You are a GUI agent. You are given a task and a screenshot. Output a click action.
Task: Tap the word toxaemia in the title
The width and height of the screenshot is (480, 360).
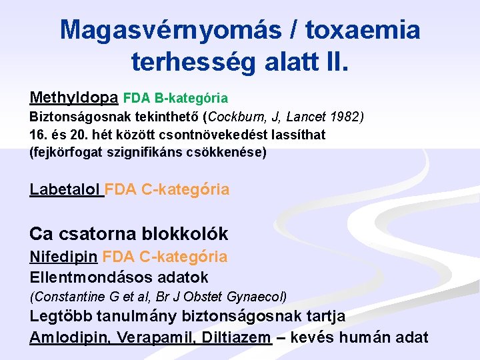363,29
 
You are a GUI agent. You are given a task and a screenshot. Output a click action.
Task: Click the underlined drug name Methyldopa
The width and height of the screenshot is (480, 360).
74,98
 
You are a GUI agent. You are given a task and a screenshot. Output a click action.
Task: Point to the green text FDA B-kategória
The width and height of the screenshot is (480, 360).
175,99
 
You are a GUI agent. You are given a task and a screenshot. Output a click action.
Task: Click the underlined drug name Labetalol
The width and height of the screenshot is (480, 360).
65,189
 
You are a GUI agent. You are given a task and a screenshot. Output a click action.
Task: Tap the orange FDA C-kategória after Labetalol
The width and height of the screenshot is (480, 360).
167,189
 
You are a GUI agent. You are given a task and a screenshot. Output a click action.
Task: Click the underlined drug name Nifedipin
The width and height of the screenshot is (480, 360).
64,257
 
